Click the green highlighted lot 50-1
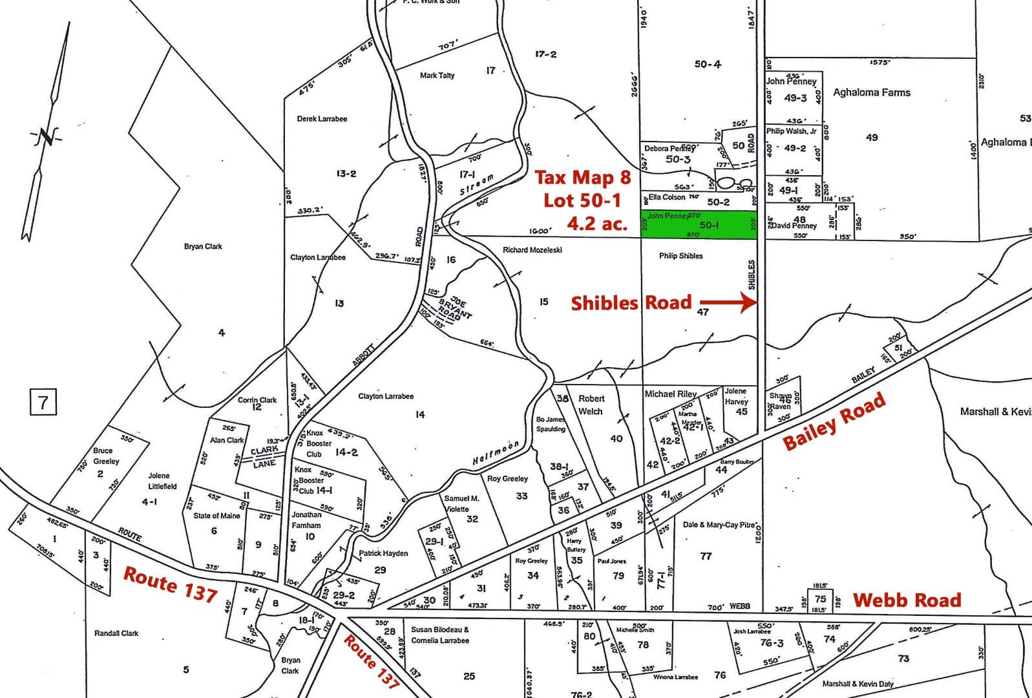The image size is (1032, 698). [x=698, y=225]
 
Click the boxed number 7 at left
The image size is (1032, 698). [x=43, y=403]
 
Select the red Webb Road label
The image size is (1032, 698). [x=907, y=600]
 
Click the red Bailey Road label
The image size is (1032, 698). [x=834, y=423]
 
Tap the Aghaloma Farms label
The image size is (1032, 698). [x=871, y=92]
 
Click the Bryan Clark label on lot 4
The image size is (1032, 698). [x=203, y=246]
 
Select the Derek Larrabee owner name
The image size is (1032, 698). [x=322, y=119]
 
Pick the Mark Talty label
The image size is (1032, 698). [x=437, y=76]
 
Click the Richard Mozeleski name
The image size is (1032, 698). [x=532, y=249]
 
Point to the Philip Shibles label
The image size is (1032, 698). [x=680, y=256]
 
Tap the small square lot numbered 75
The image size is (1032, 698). [x=820, y=598]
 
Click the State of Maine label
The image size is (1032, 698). [x=216, y=516]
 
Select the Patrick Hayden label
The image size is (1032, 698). [x=383, y=553]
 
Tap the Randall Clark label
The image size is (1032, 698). [x=116, y=633]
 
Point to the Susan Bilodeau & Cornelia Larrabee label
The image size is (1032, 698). [x=440, y=635]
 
